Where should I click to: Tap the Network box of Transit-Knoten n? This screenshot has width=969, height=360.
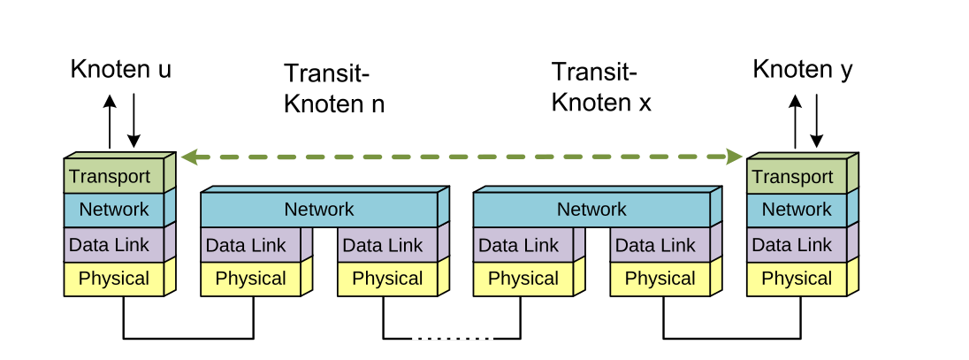tap(318, 210)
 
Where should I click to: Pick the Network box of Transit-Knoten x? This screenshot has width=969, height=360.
tap(591, 210)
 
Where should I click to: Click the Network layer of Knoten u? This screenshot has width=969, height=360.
tap(114, 210)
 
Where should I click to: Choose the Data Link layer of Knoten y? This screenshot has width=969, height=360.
tap(797, 245)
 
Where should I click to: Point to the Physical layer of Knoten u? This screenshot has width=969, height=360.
tap(114, 279)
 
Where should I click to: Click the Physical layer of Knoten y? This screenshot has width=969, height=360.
tap(797, 279)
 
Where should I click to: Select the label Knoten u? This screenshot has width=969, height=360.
tap(121, 70)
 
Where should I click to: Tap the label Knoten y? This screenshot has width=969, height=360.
tap(803, 69)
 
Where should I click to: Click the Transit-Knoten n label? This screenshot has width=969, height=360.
tap(333, 88)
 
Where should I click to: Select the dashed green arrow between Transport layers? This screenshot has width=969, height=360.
tap(461, 157)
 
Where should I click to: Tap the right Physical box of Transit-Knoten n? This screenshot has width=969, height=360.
tap(387, 279)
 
